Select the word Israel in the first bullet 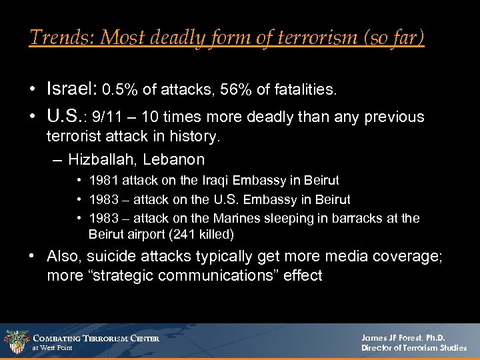pos(71,88)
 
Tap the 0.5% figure pos(122,89)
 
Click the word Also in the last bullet pos(64,257)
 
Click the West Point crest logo pos(15,342)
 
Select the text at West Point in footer pos(52,348)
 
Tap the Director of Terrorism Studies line pos(414,348)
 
